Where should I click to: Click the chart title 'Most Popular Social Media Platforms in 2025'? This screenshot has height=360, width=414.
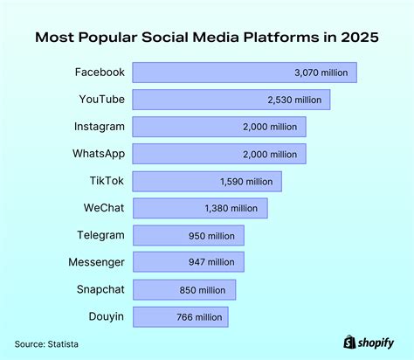pyautogui.click(x=207, y=38)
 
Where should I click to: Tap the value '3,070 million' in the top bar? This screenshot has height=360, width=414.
pyautogui.click(x=325, y=73)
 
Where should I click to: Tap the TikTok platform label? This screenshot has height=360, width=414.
pyautogui.click(x=107, y=181)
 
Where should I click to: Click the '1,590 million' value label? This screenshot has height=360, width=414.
pyautogui.click(x=249, y=182)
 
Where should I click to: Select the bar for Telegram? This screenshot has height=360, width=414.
pyautogui.click(x=190, y=235)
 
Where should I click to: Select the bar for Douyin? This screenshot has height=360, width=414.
pyautogui.click(x=182, y=316)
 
